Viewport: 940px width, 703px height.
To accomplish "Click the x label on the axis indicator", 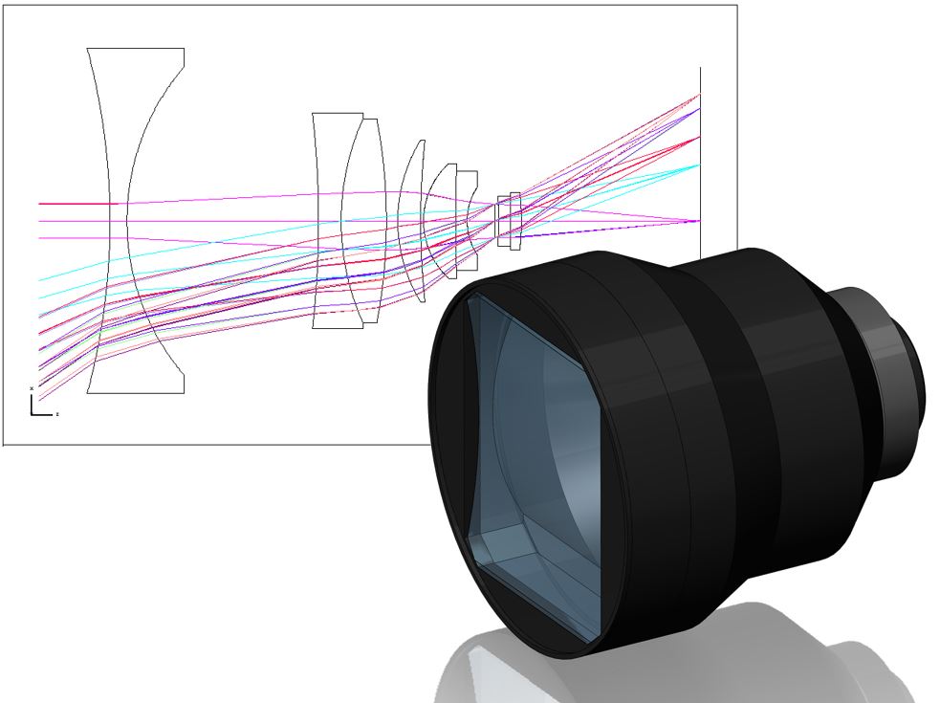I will [33, 387].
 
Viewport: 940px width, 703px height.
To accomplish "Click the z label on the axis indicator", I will [57, 414].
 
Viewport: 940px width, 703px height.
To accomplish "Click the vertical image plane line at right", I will [701, 153].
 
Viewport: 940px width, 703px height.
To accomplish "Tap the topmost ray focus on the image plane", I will [700, 95].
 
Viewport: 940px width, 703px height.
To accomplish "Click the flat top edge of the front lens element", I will [135, 49].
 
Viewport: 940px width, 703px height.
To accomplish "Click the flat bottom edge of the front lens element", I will [135, 392].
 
